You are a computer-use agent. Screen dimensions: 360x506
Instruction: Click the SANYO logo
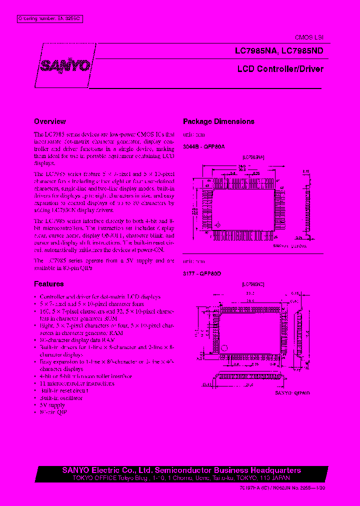tap(65, 65)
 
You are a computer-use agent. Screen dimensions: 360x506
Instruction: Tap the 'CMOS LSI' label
tap(311, 38)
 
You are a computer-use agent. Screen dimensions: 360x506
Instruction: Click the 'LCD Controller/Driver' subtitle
tap(280, 69)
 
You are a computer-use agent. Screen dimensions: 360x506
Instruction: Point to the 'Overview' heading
tap(49, 121)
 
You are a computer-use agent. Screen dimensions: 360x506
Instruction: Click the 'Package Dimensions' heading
tap(218, 121)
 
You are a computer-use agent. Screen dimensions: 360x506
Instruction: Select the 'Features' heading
tap(48, 284)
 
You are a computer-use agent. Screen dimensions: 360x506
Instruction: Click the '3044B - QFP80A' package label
tap(204, 147)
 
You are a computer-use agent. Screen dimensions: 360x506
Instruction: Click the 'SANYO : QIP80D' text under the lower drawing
tap(292, 393)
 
